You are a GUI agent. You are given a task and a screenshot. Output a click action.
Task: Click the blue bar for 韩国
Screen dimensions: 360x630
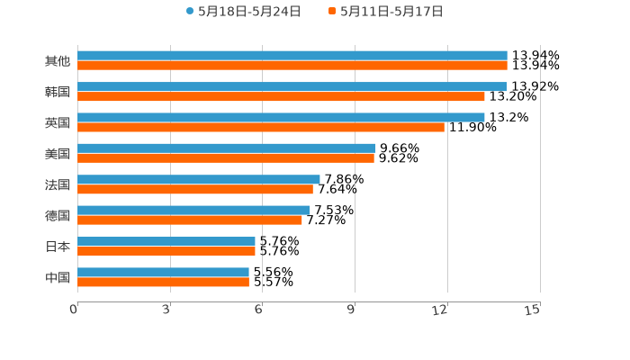click(x=292, y=87)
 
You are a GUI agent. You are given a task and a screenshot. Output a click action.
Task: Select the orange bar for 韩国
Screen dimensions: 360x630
click(x=281, y=96)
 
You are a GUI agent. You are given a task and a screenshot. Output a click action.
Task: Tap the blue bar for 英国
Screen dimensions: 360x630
click(x=281, y=118)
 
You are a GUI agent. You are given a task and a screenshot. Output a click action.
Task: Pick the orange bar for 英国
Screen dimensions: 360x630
click(x=261, y=127)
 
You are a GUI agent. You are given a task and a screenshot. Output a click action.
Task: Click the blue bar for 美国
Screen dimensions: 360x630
click(x=226, y=148)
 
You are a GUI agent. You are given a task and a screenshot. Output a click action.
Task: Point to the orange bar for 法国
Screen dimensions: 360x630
click(x=195, y=189)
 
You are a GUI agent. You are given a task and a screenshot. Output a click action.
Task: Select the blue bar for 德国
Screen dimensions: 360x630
click(x=193, y=211)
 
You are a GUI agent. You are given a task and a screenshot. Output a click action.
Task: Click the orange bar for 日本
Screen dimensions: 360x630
click(x=166, y=251)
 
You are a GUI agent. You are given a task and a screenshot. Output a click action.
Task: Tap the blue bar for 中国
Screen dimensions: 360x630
click(x=163, y=272)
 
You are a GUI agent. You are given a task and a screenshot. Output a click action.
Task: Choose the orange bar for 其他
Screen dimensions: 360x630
click(x=292, y=66)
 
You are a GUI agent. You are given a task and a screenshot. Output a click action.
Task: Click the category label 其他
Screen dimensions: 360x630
click(x=58, y=61)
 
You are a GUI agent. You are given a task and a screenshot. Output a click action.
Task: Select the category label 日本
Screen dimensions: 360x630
click(x=58, y=247)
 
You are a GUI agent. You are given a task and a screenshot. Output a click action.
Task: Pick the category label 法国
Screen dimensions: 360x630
click(x=58, y=184)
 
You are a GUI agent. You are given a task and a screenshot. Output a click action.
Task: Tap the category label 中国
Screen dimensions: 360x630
click(x=58, y=277)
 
